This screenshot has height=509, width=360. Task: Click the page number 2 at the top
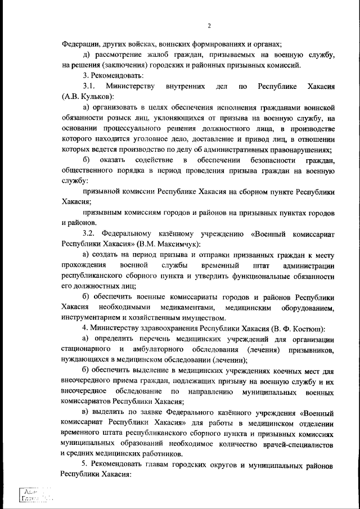point(209,26)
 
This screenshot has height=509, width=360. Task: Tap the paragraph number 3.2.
point(92,233)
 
